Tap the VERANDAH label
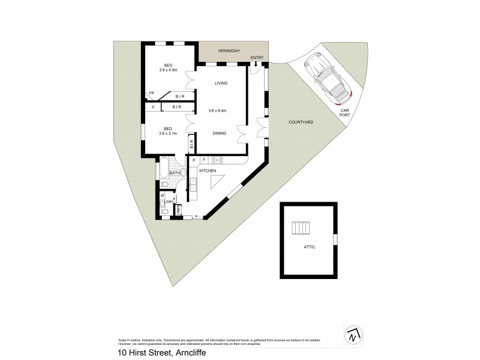click(228, 52)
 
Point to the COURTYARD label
click(301, 122)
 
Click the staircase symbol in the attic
click(302, 229)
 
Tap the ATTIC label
click(309, 247)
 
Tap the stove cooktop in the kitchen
click(218, 160)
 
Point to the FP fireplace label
click(152, 94)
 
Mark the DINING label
click(219, 133)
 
